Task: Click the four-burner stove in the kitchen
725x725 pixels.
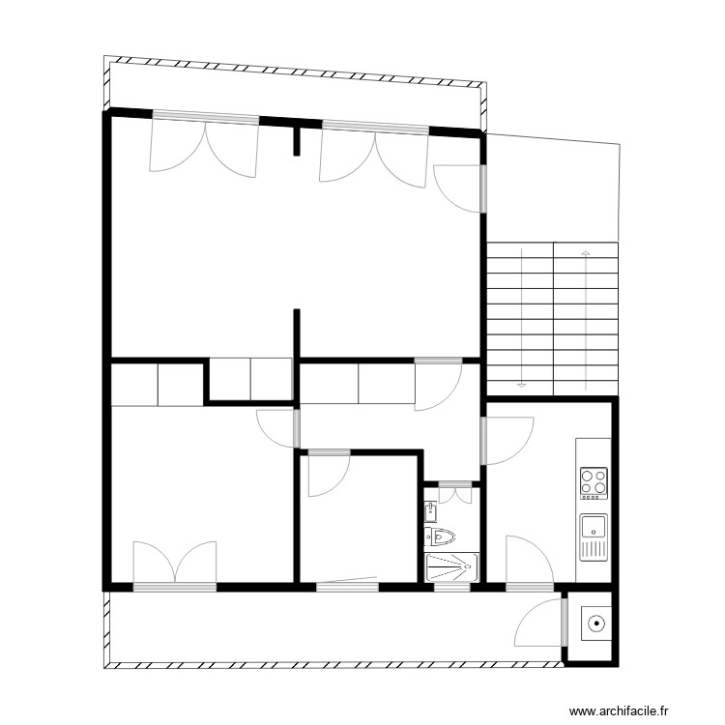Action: point(594,481)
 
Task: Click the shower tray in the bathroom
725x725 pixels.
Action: point(451,566)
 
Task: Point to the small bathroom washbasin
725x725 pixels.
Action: point(430,509)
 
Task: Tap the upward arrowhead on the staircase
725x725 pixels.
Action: point(585,253)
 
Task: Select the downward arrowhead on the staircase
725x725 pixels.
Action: point(522,384)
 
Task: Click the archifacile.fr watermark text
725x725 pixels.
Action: point(619,710)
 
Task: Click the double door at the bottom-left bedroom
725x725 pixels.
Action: point(174,565)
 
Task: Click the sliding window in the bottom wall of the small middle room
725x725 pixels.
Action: point(347,585)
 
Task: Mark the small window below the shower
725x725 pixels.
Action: point(451,587)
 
